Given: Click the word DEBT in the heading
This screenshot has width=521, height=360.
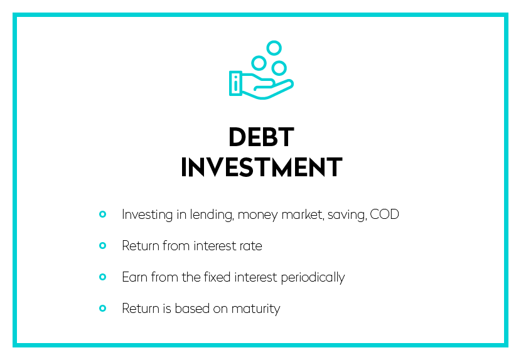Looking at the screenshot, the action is pyautogui.click(x=261, y=137).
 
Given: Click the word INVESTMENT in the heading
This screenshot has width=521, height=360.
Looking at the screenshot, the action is pyautogui.click(x=262, y=167).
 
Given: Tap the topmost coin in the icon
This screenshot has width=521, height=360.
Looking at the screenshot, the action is pyautogui.click(x=274, y=48).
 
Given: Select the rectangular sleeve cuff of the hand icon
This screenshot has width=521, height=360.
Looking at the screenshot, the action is pyautogui.click(x=235, y=83).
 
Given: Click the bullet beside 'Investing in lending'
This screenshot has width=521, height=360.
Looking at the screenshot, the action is pyautogui.click(x=103, y=214).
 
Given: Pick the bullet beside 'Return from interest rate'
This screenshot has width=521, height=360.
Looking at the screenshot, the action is pyautogui.click(x=103, y=246).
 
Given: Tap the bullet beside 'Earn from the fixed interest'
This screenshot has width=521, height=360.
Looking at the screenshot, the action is pyautogui.click(x=103, y=277).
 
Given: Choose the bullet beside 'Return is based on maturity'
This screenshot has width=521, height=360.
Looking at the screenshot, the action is pyautogui.click(x=103, y=309).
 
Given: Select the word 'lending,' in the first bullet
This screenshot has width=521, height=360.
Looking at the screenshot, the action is pyautogui.click(x=212, y=215).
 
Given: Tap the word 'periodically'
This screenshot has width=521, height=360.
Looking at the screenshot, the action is pyautogui.click(x=313, y=278).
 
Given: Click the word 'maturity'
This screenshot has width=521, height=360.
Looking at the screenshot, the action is pyautogui.click(x=256, y=309).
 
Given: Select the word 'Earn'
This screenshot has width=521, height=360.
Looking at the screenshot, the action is pyautogui.click(x=134, y=277).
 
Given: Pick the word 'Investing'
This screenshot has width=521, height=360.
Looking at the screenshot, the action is pyautogui.click(x=147, y=215).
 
